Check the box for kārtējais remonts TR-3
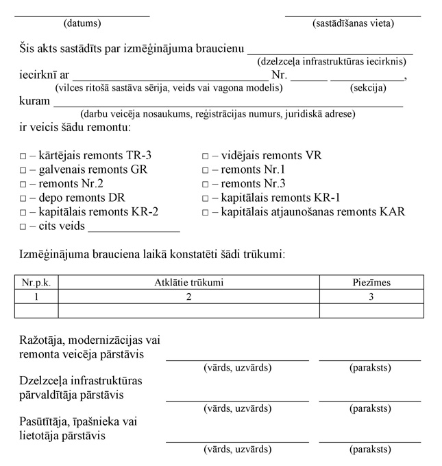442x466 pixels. [23, 156]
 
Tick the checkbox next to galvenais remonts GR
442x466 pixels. [23, 170]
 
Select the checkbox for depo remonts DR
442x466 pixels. [23, 198]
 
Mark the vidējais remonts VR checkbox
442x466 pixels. [205, 156]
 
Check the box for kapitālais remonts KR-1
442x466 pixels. [205, 198]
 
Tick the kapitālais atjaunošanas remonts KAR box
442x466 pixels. [205, 211]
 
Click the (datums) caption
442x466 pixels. [82, 23]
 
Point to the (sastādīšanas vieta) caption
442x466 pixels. [353, 23]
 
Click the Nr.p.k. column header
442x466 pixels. [36, 282]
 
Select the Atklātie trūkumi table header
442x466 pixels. [188, 282]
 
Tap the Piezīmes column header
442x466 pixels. [371, 282]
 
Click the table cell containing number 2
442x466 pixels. [188, 296]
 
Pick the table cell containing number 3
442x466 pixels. [371, 296]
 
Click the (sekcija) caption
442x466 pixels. [368, 88]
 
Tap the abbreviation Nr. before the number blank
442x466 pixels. [279, 75]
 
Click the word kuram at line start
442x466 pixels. [35, 102]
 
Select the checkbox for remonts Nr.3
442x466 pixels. [205, 184]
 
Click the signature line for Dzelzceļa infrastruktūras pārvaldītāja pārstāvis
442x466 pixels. [370, 399]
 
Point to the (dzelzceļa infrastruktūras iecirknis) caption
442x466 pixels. [330, 62]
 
